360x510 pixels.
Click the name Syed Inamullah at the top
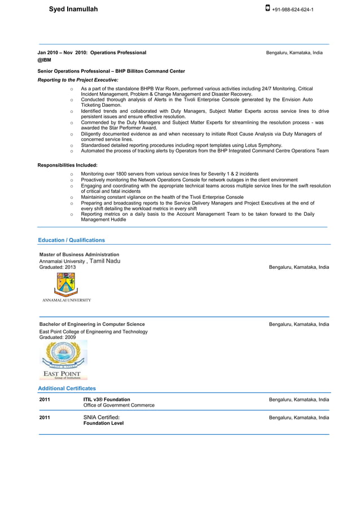(73, 10)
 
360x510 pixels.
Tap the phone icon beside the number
(267, 9)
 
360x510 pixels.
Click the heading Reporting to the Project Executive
(78, 80)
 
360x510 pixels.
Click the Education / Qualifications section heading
(71, 240)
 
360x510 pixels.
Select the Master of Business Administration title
(79, 255)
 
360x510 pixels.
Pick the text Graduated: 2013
(57, 267)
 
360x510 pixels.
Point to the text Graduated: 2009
(57, 337)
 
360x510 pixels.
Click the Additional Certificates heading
(67, 389)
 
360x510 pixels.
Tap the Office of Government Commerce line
(119, 406)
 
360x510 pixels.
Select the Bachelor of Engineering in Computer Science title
(92, 324)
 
